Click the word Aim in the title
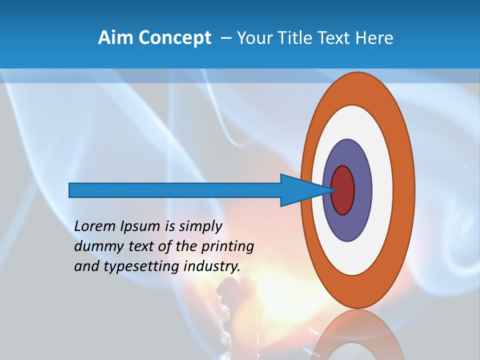pos(116,38)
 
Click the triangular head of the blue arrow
pos(300,190)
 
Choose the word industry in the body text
pos(212,266)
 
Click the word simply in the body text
pos(200,226)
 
